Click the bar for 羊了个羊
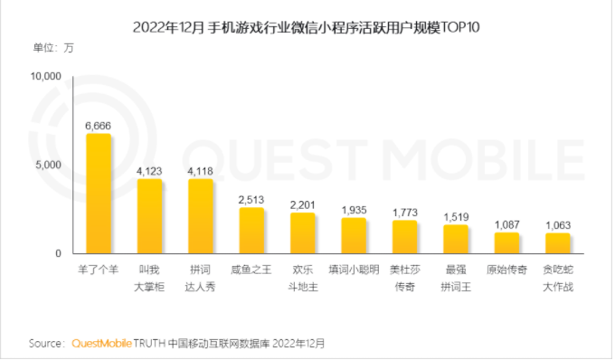98,194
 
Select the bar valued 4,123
149,216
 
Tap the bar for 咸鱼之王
251,231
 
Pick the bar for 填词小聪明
354,235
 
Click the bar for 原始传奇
507,243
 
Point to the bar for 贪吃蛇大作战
558,243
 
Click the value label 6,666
98,125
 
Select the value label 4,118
200,170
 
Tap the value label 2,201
302,204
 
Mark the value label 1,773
405,212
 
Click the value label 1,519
456,216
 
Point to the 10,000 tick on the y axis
45,77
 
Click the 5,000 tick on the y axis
48,166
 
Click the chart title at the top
306,27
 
